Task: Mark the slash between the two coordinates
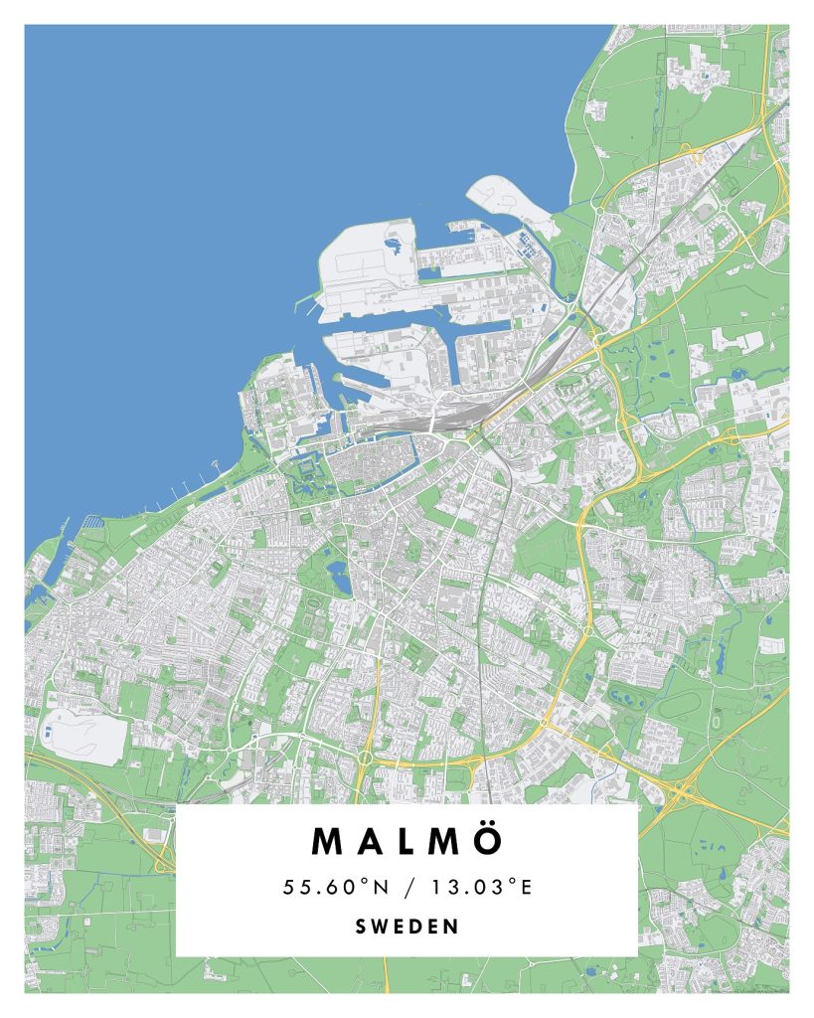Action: point(407,887)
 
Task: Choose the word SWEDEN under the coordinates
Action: point(407,927)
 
